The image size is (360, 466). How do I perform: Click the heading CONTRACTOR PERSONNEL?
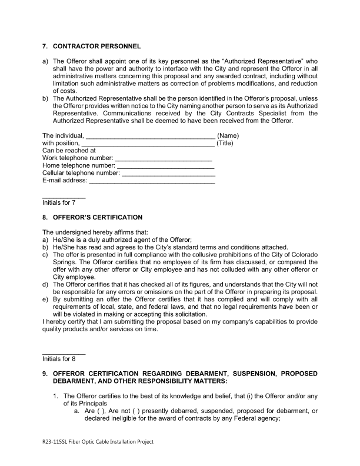point(97,46)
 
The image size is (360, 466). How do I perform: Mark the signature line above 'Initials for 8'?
point(64,352)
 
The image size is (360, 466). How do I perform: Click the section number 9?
point(44,374)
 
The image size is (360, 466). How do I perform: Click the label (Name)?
point(228,137)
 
